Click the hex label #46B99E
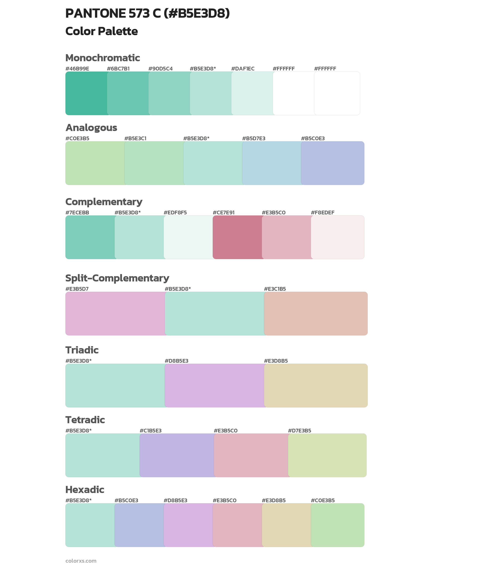(x=77, y=68)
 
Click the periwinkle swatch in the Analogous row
(x=333, y=163)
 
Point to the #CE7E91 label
(x=223, y=212)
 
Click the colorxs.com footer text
(x=81, y=560)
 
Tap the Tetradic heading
(x=85, y=420)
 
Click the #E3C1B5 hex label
(x=275, y=289)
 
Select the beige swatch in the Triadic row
(x=316, y=385)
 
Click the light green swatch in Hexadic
(x=337, y=525)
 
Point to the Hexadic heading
(x=85, y=490)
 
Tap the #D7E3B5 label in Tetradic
(x=299, y=430)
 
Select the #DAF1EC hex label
(x=243, y=68)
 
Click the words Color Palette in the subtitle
(x=101, y=31)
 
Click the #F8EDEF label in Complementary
(x=322, y=212)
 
